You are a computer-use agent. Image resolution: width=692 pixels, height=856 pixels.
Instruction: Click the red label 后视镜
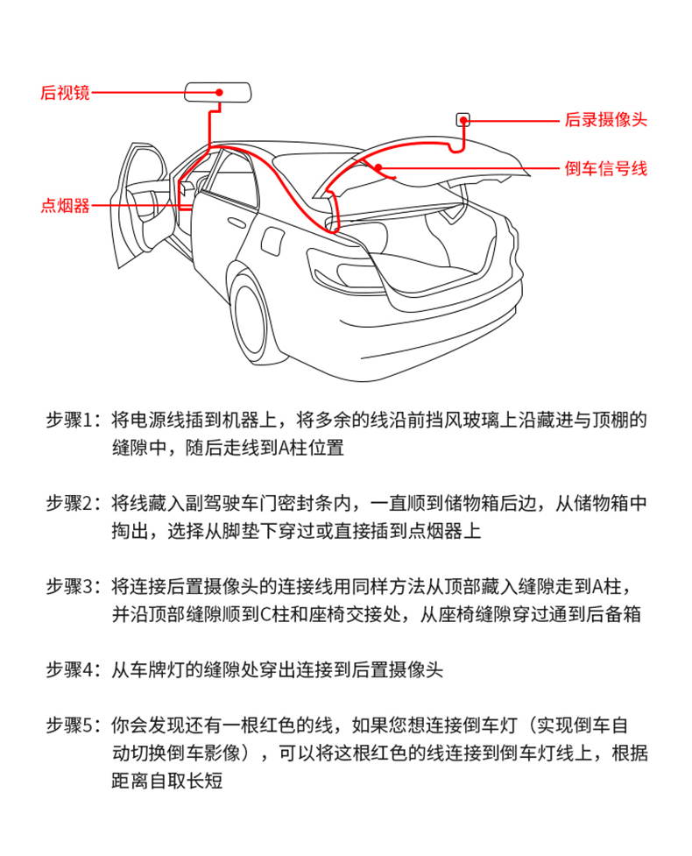pos(65,93)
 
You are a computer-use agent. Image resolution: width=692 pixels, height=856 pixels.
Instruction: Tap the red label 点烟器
pos(65,207)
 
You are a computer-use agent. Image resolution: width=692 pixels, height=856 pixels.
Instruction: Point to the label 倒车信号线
pos(605,169)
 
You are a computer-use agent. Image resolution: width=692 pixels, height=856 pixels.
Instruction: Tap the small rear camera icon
pos(463,119)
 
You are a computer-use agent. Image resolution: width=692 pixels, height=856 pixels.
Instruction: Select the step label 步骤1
pos(74,421)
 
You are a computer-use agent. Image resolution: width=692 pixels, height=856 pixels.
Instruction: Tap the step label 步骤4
pos(74,670)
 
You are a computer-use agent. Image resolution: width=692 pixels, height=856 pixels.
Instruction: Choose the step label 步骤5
pos(74,726)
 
